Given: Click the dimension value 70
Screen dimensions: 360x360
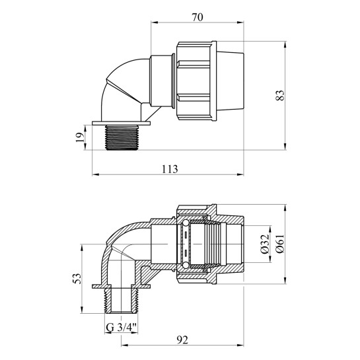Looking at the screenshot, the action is (x=198, y=17).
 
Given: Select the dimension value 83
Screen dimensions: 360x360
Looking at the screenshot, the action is (x=280, y=95).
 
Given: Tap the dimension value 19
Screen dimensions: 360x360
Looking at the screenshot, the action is (x=80, y=137).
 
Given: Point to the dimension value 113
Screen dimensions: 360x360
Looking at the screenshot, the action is (x=170, y=169).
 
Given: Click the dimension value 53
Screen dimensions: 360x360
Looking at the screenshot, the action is (x=77, y=278).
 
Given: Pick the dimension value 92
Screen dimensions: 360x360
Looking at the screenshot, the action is (x=182, y=340).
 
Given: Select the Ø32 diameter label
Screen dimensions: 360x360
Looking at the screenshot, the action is (x=265, y=244).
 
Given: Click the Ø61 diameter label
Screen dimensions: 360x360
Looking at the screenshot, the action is (x=280, y=244).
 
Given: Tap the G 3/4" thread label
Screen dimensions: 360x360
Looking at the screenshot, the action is (x=122, y=328).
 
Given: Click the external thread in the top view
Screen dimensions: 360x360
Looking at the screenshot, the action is (x=122, y=137).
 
